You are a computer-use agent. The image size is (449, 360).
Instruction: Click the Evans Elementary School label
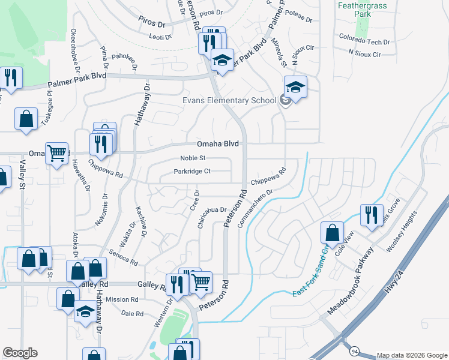tap(229, 100)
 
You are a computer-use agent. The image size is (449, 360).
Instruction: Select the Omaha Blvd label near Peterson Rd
tap(218, 144)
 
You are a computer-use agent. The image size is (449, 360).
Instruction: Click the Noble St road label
tap(193, 158)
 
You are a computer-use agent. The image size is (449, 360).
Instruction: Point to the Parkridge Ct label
tap(192, 172)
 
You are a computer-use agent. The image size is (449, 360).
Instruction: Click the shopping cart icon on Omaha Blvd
tap(56, 153)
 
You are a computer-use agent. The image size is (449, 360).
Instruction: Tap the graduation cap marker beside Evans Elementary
tap(295, 87)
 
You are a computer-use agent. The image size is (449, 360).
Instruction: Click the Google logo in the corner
tap(20, 353)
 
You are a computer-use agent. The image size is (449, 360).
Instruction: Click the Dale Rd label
tap(132, 314)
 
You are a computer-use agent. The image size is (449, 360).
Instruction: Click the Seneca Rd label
tap(123, 259)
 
